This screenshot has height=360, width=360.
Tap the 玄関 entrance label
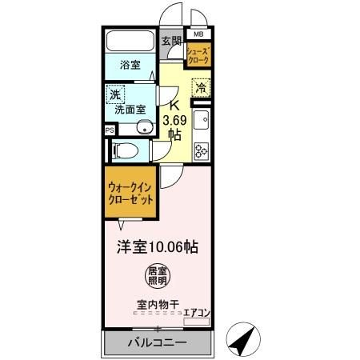[170, 42]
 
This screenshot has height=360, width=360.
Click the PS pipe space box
[109, 129]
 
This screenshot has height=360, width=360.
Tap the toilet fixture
[128, 149]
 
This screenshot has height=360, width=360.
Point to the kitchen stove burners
[201, 147]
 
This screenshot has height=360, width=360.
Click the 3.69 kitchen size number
[177, 121]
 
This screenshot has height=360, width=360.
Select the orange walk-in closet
[130, 197]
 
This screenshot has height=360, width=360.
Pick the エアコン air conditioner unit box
[198, 322]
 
